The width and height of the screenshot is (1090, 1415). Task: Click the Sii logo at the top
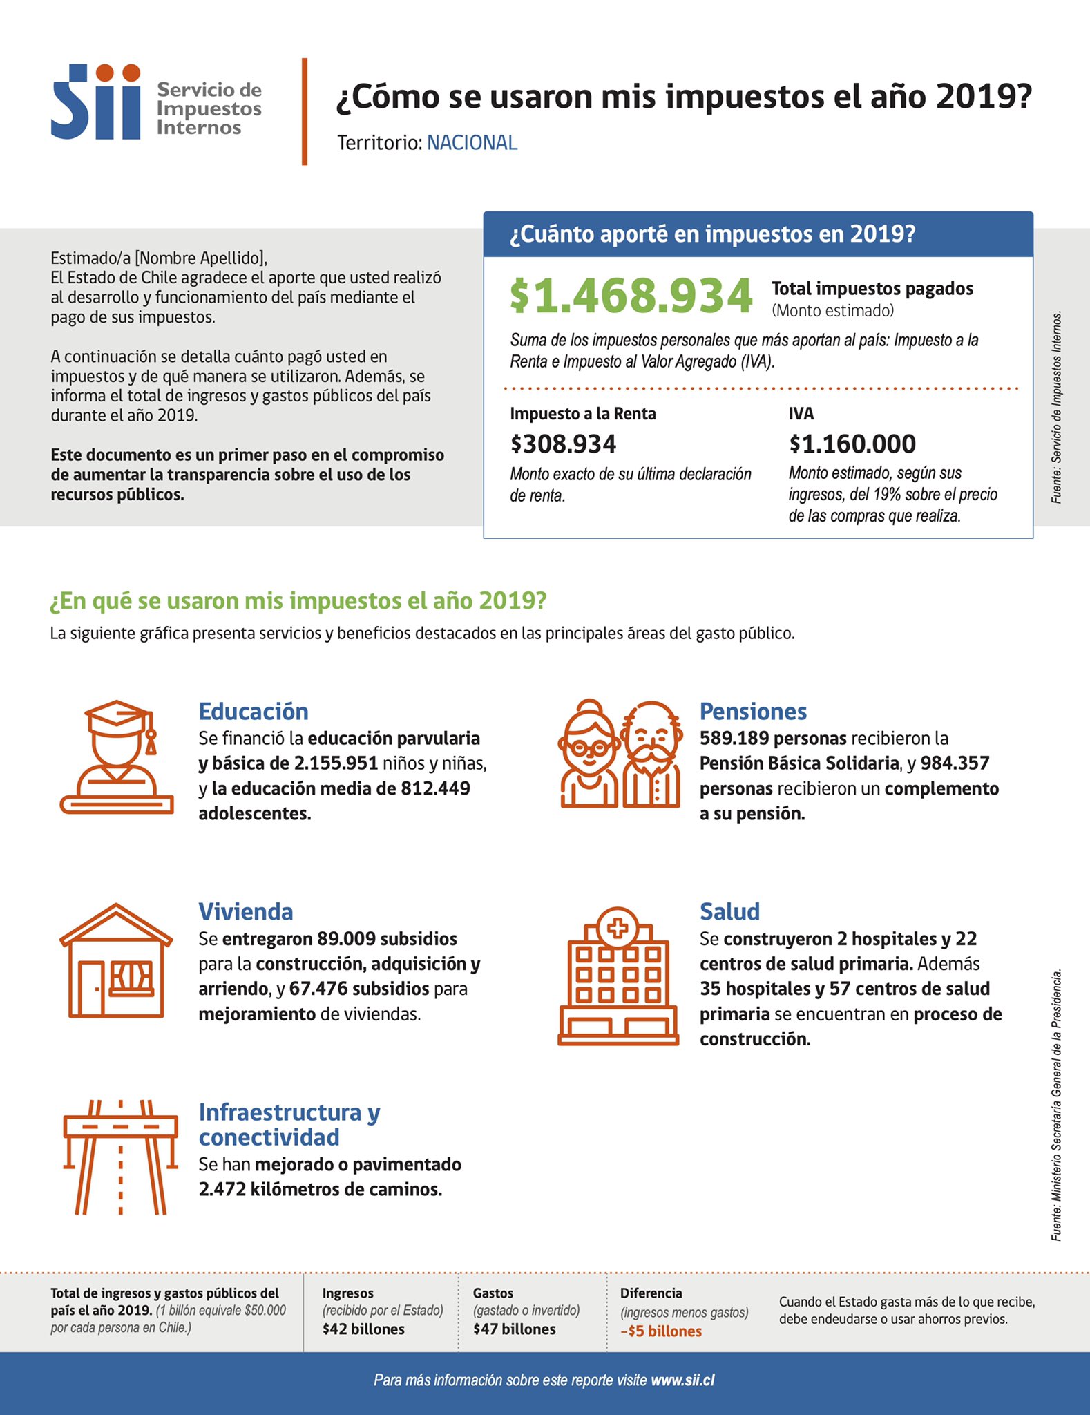pyautogui.click(x=96, y=102)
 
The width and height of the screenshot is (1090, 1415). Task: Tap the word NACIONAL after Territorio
pyautogui.click(x=472, y=143)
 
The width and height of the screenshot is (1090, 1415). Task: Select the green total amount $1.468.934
pyautogui.click(x=631, y=296)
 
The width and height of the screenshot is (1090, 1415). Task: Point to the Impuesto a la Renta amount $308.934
pyautogui.click(x=563, y=444)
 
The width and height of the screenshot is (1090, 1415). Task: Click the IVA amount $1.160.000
pyautogui.click(x=852, y=444)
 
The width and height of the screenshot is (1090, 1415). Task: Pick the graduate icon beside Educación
pyautogui.click(x=117, y=757)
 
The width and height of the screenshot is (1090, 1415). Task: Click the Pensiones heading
pyautogui.click(x=753, y=712)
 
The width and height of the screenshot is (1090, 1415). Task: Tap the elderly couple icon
pyautogui.click(x=619, y=754)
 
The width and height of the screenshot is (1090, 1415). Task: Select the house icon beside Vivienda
pyautogui.click(x=116, y=960)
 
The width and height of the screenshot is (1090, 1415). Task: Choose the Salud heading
pyautogui.click(x=729, y=912)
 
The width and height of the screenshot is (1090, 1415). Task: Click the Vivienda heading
pyautogui.click(x=246, y=912)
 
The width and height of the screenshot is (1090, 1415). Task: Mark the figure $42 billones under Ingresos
pyautogui.click(x=363, y=1329)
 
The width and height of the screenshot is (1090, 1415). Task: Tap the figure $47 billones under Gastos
pyautogui.click(x=514, y=1329)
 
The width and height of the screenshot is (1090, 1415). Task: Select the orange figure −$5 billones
pyautogui.click(x=661, y=1331)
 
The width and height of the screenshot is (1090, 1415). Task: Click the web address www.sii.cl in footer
pyautogui.click(x=682, y=1380)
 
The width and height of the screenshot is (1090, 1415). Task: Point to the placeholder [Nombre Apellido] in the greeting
pyautogui.click(x=200, y=258)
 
